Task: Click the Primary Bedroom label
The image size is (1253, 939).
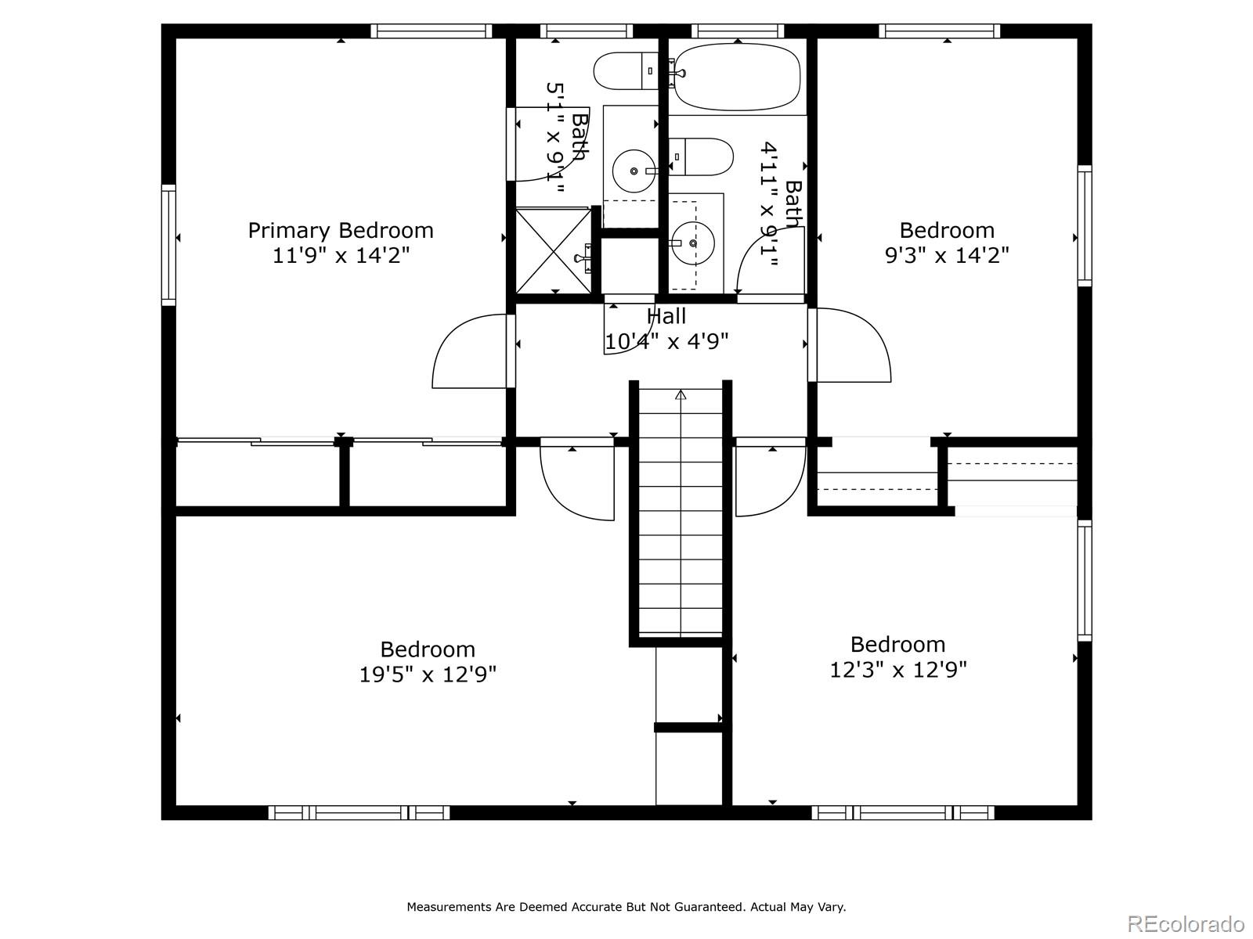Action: (x=341, y=230)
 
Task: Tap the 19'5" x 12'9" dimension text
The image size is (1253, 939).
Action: (x=428, y=675)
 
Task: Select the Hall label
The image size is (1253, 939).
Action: (x=666, y=316)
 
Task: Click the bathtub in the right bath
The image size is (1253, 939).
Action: (x=737, y=77)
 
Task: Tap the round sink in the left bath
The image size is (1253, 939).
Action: (x=633, y=171)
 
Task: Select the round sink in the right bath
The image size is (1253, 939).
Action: (x=692, y=243)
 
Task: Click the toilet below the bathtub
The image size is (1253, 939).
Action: (x=702, y=156)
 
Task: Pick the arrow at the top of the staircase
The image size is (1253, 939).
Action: (x=681, y=395)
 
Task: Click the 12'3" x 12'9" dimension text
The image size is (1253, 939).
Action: (x=898, y=670)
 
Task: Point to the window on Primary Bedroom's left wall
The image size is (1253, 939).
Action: (x=168, y=244)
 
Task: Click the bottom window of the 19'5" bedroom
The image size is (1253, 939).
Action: (x=359, y=812)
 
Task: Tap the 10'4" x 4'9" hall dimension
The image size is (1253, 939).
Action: (x=666, y=342)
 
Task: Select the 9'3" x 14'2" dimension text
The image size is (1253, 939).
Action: (x=947, y=255)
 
